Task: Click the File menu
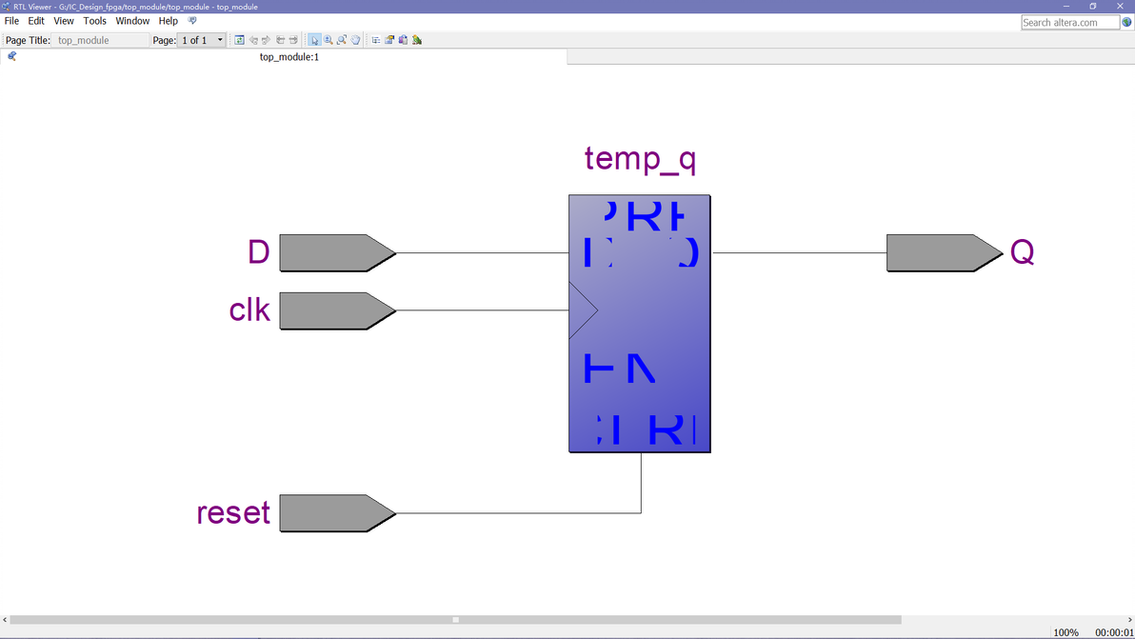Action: [11, 21]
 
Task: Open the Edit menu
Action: [36, 21]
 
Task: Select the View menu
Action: [64, 21]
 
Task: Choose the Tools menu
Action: [95, 21]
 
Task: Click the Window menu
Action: [132, 21]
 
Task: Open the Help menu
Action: [168, 21]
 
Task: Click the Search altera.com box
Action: [1069, 22]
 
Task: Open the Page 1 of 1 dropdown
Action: [220, 40]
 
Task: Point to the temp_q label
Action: [640, 158]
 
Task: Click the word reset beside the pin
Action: [233, 513]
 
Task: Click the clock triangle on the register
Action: [581, 310]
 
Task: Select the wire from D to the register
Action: [482, 253]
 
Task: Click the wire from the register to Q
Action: [800, 253]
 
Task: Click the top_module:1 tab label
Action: [289, 57]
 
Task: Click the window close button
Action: [1120, 7]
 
